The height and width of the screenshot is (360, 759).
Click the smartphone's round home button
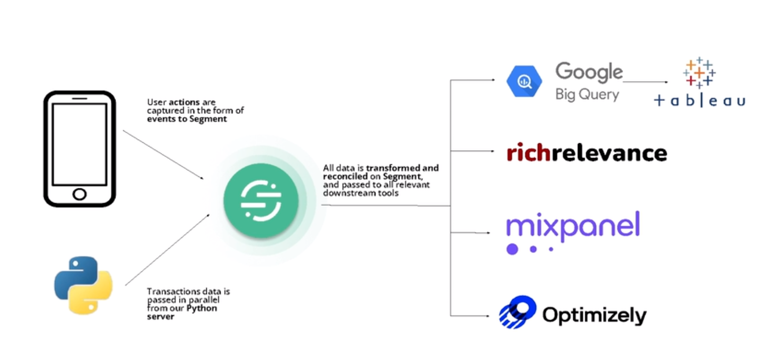[x=79, y=194]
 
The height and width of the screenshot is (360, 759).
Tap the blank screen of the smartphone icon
[x=79, y=144]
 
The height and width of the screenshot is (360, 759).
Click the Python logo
[x=83, y=285]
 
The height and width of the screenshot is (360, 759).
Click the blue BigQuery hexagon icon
[x=523, y=81]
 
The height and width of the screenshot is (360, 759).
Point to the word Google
[x=589, y=72]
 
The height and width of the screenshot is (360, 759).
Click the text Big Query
[x=587, y=95]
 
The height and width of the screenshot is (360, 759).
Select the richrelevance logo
[x=587, y=153]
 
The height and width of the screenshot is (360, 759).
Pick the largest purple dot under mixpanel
[x=512, y=249]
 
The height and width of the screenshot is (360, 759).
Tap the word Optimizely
[x=594, y=315]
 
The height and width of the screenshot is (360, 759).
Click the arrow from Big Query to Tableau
[x=646, y=82]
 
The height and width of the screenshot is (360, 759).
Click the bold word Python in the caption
[x=203, y=308]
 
